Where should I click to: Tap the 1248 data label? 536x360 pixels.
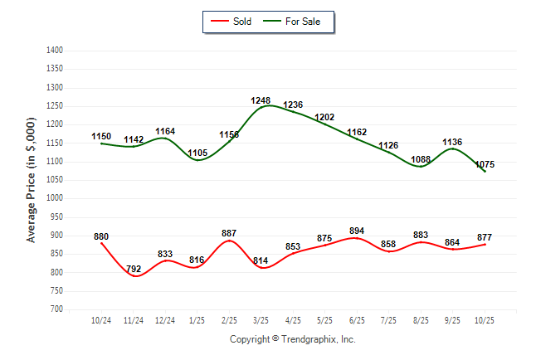point(261,101)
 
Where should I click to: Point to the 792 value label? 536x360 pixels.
point(133,268)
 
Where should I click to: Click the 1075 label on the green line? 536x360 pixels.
point(485,164)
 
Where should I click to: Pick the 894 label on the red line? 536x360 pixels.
point(357,231)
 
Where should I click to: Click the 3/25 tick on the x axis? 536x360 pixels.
point(261,319)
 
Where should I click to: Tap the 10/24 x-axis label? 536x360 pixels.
point(101,319)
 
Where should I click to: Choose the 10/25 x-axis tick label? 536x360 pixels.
point(485,319)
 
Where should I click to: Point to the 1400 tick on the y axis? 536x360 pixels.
point(55,51)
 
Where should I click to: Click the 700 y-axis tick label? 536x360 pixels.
point(57,309)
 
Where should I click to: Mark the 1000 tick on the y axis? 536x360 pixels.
point(55,198)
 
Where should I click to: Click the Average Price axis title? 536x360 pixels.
point(32,179)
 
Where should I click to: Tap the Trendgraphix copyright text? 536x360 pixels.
point(292,339)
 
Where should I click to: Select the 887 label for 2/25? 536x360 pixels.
point(229,233)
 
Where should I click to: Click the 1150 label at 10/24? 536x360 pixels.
point(101,136)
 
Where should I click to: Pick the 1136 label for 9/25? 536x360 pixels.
point(453,142)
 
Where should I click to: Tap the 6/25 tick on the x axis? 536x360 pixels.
point(357,319)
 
